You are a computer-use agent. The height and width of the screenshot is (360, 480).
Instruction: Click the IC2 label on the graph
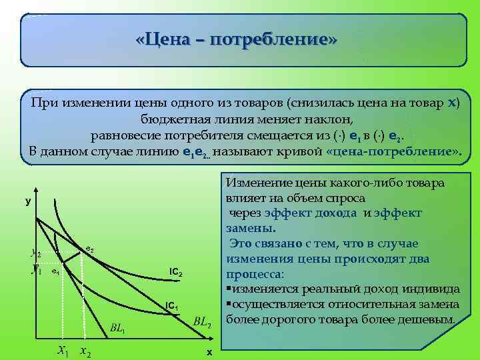(x=176, y=273)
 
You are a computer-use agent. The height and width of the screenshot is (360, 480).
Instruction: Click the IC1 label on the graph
(x=172, y=307)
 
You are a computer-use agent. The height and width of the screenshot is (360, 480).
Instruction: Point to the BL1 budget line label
(x=117, y=329)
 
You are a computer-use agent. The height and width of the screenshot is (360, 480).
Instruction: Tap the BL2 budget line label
(x=203, y=323)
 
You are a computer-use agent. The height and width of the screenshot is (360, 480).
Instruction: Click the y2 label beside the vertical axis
(x=35, y=253)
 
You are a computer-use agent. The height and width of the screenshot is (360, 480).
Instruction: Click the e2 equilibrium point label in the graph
(x=90, y=249)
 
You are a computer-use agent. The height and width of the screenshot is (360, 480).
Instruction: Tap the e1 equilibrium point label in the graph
(x=56, y=273)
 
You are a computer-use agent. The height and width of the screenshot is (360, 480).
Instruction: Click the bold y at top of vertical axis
(x=28, y=200)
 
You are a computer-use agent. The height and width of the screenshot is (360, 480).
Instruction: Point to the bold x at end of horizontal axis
(x=209, y=352)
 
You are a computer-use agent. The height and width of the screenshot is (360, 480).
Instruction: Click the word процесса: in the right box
(x=255, y=274)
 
